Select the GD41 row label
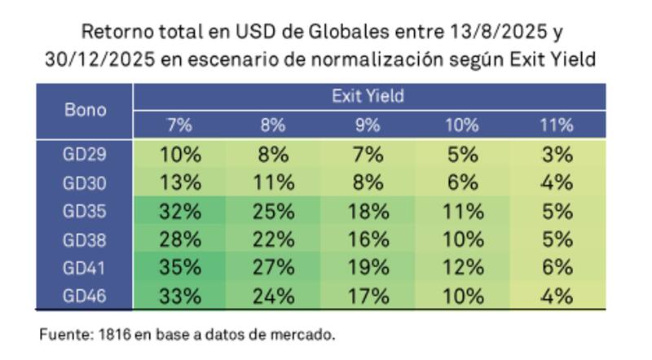point(85,268)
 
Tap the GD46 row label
point(85,295)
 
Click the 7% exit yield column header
point(180,125)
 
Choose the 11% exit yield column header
point(557,125)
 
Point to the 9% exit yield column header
point(368,125)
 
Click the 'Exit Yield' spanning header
point(368,96)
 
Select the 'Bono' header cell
point(85,110)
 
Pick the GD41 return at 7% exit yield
point(180,268)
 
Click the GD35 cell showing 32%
point(180,212)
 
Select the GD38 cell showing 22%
point(273,240)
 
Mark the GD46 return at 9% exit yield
point(368,295)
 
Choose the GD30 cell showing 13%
point(180,183)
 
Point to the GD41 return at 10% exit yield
point(463,268)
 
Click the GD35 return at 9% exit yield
point(368,212)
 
